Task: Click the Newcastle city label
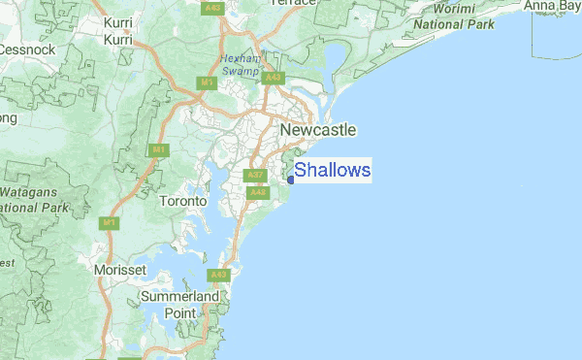[x=317, y=130]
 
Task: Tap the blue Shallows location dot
[x=291, y=179]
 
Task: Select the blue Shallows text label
[x=333, y=171]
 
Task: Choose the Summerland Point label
[x=180, y=304]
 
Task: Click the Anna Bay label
[x=552, y=7]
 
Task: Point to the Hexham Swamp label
[x=239, y=64]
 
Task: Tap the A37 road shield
[x=255, y=176]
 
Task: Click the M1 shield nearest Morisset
[x=110, y=223]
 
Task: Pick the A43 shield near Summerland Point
[x=221, y=276]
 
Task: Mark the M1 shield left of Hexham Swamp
[x=207, y=83]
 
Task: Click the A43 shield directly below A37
[x=257, y=193]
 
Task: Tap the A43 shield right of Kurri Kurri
[x=212, y=8]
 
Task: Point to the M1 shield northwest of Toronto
[x=157, y=150]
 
